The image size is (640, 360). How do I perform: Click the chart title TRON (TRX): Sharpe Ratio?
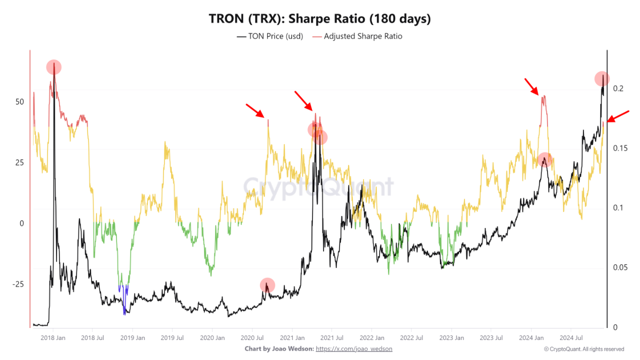[319, 19]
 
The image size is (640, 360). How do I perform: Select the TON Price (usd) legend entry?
[270, 36]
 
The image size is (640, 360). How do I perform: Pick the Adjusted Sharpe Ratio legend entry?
[357, 36]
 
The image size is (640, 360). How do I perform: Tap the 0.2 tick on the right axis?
[618, 88]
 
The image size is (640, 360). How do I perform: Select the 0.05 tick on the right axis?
[620, 267]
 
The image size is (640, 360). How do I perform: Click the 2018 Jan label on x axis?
[53, 337]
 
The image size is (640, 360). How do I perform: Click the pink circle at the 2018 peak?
[54, 67]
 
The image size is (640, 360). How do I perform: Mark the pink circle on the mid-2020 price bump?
[267, 285]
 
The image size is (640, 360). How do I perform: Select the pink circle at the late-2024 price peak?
[602, 78]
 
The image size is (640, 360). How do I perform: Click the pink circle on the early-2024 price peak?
[544, 159]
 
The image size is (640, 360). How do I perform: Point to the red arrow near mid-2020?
[255, 110]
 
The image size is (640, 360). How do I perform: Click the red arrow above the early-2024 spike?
[531, 86]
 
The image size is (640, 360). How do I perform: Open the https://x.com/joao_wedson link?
[354, 348]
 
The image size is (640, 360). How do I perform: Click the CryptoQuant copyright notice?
[583, 349]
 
